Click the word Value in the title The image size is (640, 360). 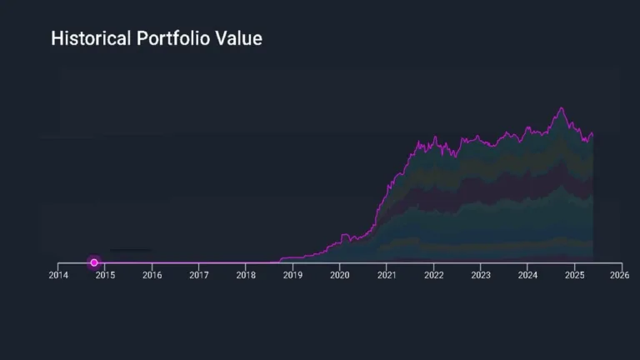[241, 38]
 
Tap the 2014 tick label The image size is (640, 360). [57, 274]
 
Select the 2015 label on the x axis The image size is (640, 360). [104, 274]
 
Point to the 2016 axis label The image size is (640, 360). [152, 274]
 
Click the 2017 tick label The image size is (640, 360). [198, 274]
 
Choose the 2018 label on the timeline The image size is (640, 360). [245, 274]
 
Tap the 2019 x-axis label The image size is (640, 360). [292, 274]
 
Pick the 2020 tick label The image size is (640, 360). [339, 274]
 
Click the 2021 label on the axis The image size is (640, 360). [386, 274]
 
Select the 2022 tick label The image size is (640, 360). [433, 274]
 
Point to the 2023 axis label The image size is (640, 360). [480, 274]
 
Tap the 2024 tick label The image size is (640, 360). [527, 274]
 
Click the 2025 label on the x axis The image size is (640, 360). [573, 274]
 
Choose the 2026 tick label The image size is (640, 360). [620, 274]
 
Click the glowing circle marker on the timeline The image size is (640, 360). [94, 262]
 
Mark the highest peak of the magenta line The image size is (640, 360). [562, 107]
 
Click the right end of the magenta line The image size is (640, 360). [592, 133]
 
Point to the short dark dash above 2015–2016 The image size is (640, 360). [131, 249]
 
